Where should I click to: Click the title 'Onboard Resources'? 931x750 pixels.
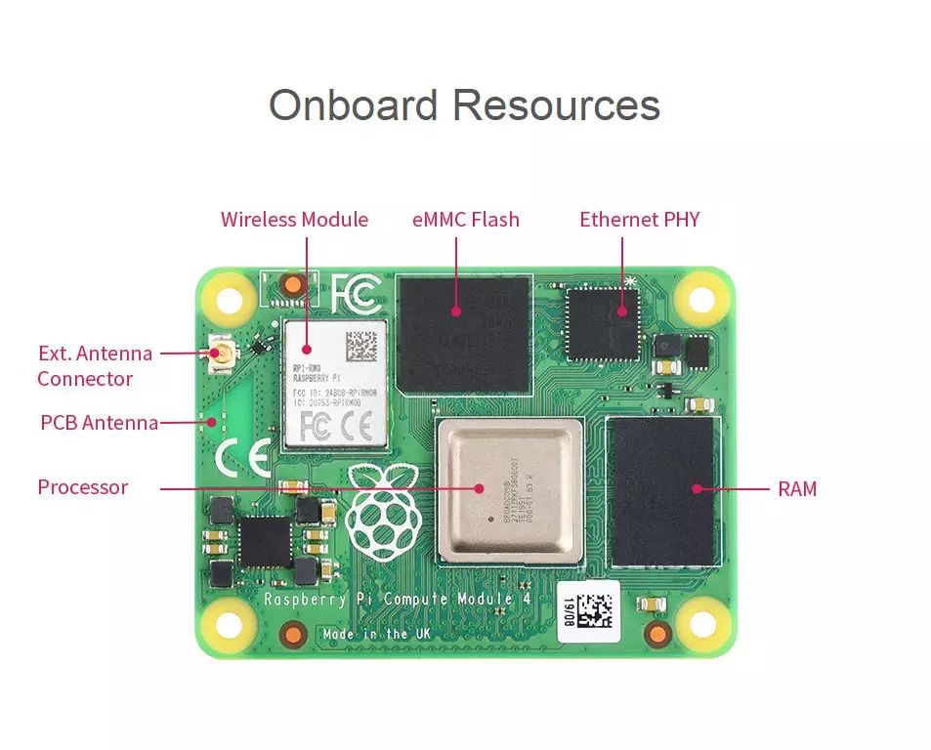tap(464, 104)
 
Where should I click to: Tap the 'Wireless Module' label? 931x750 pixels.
tap(294, 220)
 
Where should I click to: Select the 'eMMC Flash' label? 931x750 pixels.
tap(466, 220)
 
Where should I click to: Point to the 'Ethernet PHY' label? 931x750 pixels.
tap(640, 220)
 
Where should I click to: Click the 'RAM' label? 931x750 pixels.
tap(797, 488)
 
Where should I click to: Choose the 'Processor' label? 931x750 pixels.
tap(83, 487)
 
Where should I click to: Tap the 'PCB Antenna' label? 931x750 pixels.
tap(99, 423)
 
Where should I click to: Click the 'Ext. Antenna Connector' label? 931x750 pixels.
tap(94, 365)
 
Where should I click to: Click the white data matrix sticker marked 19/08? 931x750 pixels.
tap(589, 611)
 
